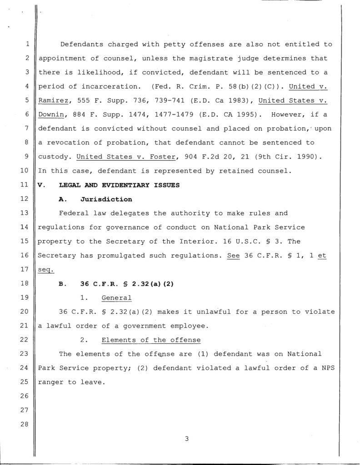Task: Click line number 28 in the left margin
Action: coord(27,424)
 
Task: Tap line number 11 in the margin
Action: coord(27,185)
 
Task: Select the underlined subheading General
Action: coord(116,298)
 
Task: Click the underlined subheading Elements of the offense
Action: coord(151,340)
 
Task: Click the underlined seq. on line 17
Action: coord(46,270)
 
